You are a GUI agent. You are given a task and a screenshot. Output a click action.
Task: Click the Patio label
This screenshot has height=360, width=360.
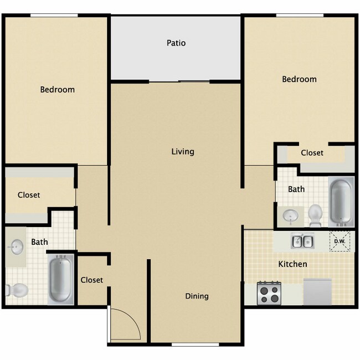coord(177,43)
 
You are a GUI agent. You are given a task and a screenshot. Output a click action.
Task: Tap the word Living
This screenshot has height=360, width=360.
coord(183,151)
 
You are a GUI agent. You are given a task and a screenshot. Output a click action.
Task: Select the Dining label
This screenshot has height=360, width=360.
coord(197,296)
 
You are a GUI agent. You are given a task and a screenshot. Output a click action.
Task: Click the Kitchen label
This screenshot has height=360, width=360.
coord(292,264)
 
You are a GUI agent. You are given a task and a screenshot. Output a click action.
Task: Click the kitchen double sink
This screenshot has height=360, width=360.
coord(303,241)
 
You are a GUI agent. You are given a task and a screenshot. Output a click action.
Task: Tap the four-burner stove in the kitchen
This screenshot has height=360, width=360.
coord(269,292)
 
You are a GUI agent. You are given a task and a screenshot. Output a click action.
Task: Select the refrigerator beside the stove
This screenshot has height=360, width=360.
coord(317,291)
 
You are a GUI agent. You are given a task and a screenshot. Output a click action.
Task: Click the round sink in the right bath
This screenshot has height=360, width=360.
coord(290,215)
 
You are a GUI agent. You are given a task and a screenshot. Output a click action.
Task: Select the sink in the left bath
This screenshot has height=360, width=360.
coord(17,245)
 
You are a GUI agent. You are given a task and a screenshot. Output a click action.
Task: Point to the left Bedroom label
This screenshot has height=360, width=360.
coord(57,89)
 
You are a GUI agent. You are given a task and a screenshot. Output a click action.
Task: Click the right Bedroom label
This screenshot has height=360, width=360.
coord(299,79)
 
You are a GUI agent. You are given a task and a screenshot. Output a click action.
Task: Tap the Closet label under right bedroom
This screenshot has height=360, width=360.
coord(312,152)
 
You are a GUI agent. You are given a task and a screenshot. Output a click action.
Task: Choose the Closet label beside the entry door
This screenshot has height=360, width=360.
coord(92,280)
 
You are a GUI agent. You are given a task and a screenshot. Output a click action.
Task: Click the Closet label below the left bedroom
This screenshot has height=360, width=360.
coord(29,195)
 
